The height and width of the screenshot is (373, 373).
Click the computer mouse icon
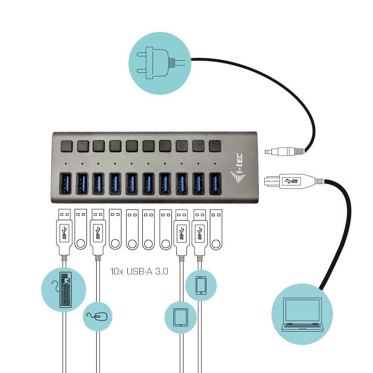[x=98, y=316]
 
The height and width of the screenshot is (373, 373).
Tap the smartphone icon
[x=201, y=285]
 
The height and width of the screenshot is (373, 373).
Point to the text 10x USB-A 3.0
[x=139, y=271]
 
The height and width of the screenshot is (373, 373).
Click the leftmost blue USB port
[x=65, y=183]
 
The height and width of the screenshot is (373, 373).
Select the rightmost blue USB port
[x=215, y=183]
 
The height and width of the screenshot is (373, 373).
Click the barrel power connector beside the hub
[x=284, y=152]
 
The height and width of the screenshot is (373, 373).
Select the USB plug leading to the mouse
[x=98, y=233]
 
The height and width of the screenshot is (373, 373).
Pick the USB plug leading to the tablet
[x=181, y=233]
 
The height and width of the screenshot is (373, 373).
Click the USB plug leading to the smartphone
[x=199, y=233]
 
